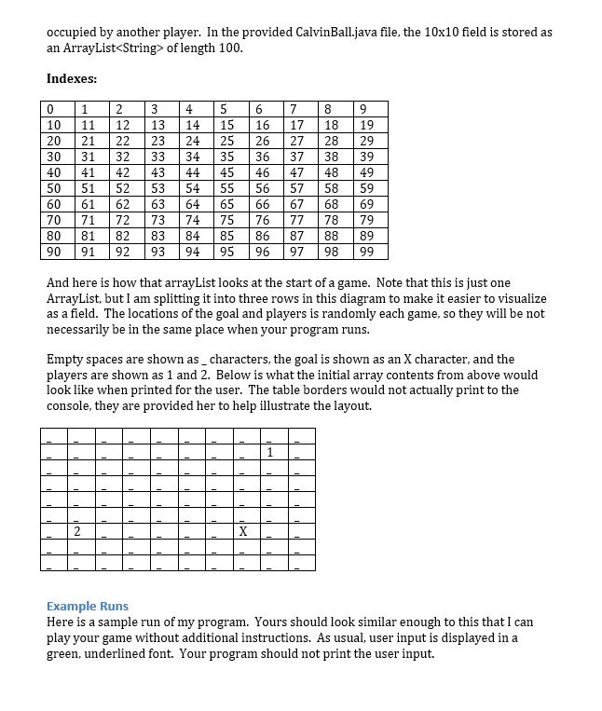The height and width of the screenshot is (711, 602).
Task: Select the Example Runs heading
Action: click(88, 606)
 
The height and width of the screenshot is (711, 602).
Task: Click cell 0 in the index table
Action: click(52, 109)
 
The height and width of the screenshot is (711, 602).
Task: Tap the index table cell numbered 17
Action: click(297, 125)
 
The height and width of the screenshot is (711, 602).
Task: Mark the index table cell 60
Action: click(54, 204)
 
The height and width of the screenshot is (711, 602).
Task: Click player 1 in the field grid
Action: click(269, 453)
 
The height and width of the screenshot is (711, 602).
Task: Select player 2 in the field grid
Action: click(77, 531)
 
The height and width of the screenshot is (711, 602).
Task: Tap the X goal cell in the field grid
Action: click(242, 531)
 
